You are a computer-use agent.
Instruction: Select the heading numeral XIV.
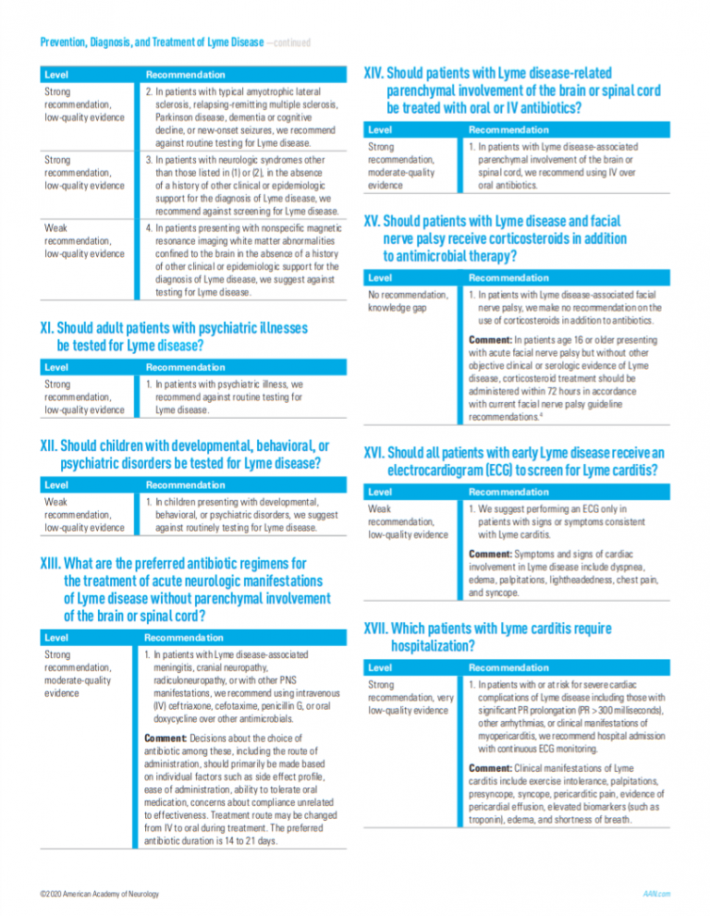[375, 72]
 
